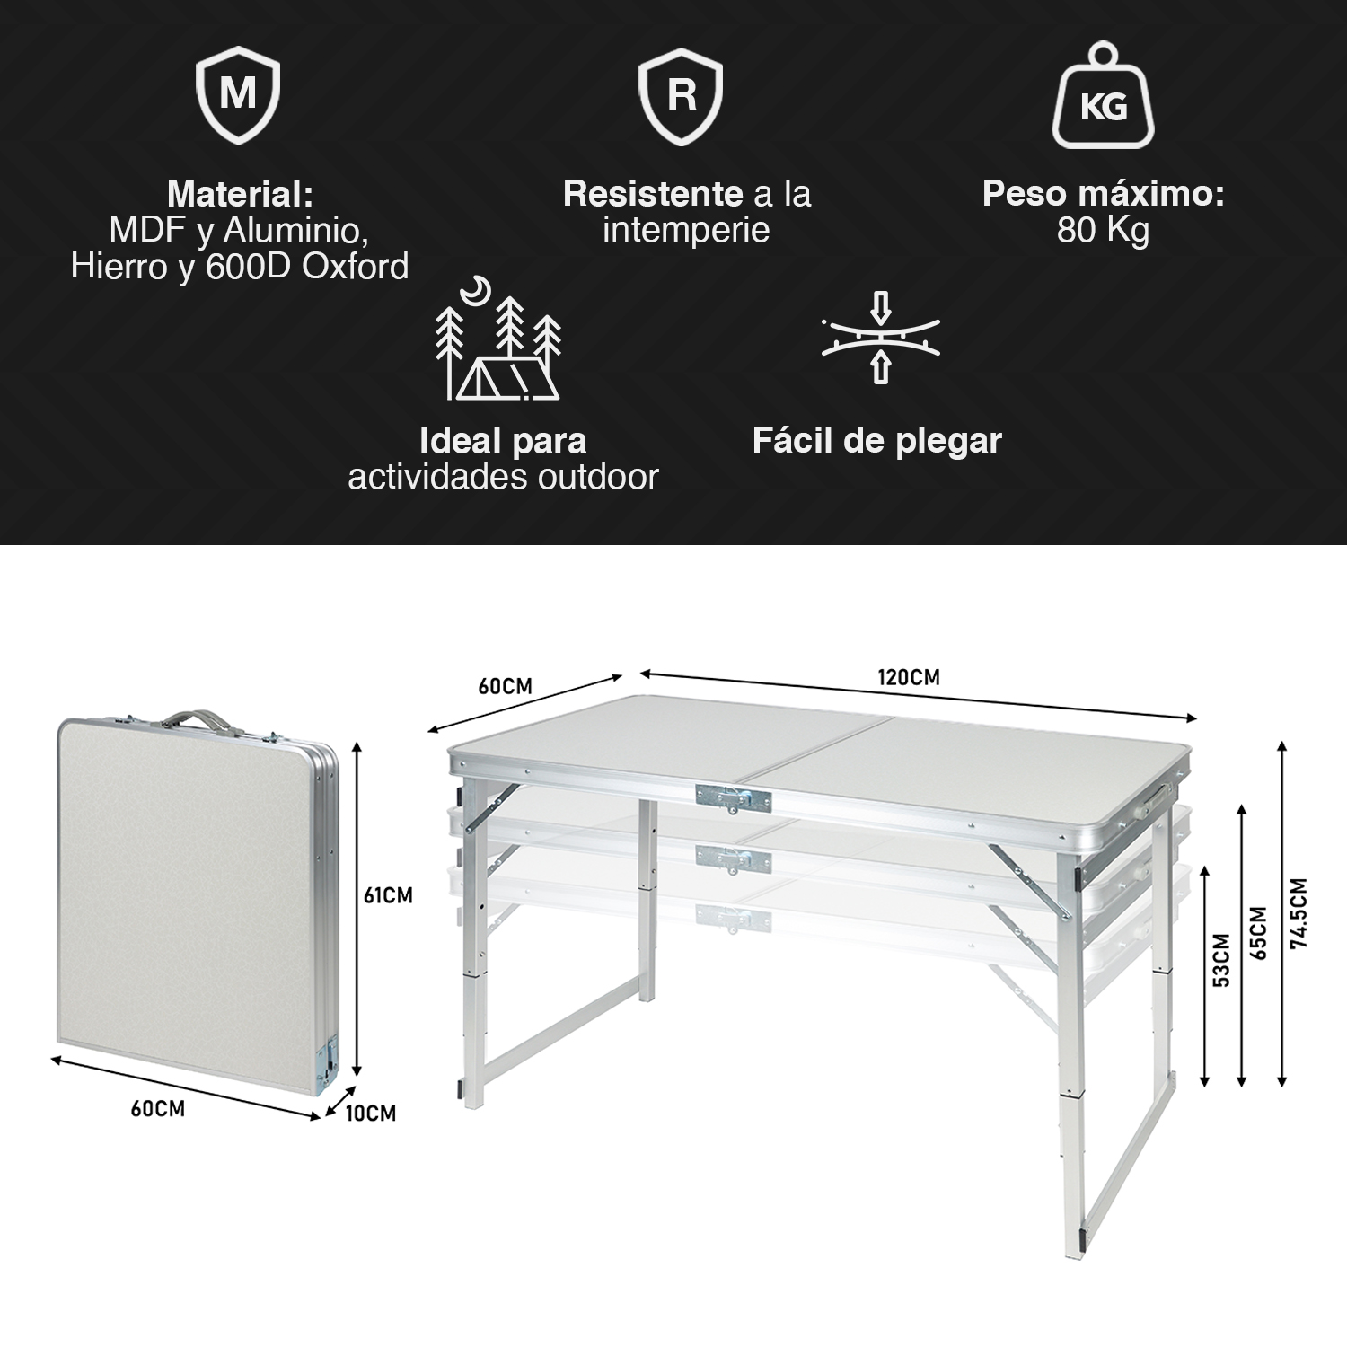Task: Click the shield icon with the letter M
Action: (238, 95)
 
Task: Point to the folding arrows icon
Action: (881, 336)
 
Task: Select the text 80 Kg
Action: (1103, 231)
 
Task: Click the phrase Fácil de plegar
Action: (876, 441)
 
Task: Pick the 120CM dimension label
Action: (909, 677)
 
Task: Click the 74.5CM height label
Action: (1299, 911)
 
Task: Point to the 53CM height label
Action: (1221, 961)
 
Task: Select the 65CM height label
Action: (1258, 933)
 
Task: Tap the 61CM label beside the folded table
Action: (388, 895)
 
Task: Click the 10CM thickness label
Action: (370, 1114)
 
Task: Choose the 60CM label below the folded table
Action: (158, 1109)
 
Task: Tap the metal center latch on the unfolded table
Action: (733, 797)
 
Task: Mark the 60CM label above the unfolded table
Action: (505, 687)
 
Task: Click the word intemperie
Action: (686, 231)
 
